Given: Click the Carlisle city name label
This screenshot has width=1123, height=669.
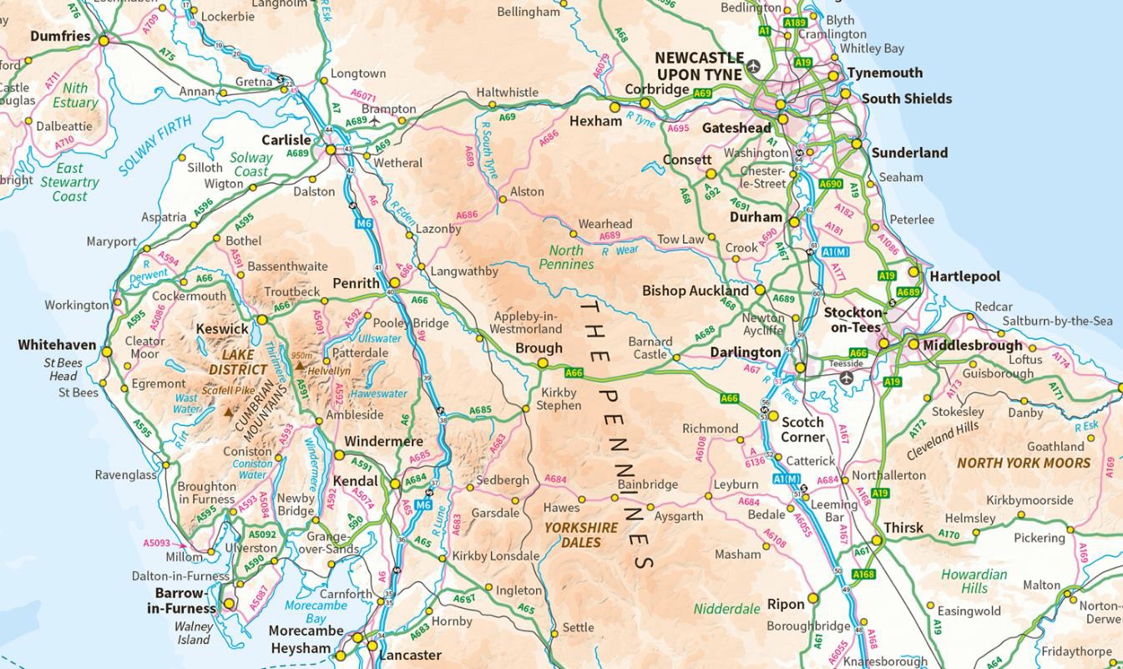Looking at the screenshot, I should pyautogui.click(x=286, y=140).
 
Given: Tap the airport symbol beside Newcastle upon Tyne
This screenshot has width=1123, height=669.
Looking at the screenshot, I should pyautogui.click(x=755, y=66).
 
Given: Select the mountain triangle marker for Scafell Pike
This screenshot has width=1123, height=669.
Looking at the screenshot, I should pyautogui.click(x=229, y=411).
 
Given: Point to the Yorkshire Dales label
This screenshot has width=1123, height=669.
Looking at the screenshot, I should pyautogui.click(x=581, y=535).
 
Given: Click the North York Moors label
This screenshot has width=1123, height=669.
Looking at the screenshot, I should pyautogui.click(x=1024, y=463).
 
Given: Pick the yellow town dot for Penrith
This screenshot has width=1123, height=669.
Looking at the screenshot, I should pyautogui.click(x=395, y=283).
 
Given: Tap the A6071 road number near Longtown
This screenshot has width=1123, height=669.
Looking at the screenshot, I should pyautogui.click(x=364, y=96).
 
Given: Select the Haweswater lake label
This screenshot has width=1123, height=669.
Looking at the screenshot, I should pyautogui.click(x=378, y=393).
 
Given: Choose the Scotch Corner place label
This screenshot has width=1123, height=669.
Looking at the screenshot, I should pyautogui.click(x=802, y=429).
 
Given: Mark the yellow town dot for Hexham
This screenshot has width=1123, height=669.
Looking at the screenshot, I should pyautogui.click(x=615, y=107).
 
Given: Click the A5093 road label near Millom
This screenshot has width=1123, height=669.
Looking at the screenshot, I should pyautogui.click(x=156, y=543).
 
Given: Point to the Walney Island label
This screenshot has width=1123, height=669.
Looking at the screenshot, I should pyautogui.click(x=193, y=633).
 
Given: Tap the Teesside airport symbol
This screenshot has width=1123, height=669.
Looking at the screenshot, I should pyautogui.click(x=847, y=378).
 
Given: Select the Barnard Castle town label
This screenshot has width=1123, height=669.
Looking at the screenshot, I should pyautogui.click(x=650, y=347).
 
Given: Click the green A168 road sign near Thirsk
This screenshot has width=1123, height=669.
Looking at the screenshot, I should pyautogui.click(x=863, y=575).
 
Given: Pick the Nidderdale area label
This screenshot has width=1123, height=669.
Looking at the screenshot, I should pyautogui.click(x=726, y=609).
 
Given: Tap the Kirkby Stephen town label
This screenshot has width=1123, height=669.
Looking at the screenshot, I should pyautogui.click(x=559, y=399).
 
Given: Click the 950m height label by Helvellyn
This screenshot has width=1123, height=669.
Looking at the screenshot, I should pyautogui.click(x=302, y=355).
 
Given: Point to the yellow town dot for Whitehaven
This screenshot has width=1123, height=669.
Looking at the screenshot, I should pyautogui.click(x=107, y=352).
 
